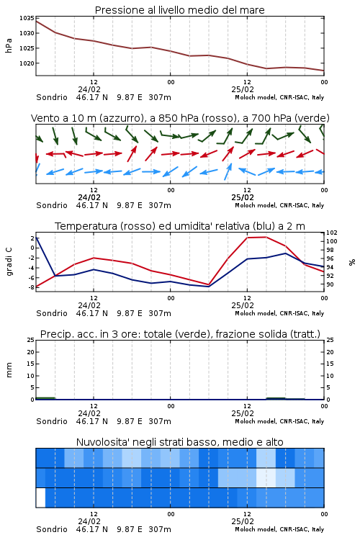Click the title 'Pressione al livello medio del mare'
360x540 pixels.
tap(179, 10)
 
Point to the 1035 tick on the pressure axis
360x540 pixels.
tap(27, 18)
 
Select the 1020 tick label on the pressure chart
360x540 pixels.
tap(27, 63)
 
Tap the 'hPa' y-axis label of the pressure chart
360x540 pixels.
tap(9, 45)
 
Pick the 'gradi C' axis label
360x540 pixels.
tap(9, 261)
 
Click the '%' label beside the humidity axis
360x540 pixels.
tap(352, 262)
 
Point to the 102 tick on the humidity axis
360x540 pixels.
tap(332, 233)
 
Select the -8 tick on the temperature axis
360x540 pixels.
tap(31, 287)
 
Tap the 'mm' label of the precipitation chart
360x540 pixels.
tap(9, 369)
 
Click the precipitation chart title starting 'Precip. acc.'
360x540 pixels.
tap(180, 334)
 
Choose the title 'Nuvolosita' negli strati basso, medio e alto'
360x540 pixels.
tap(179, 442)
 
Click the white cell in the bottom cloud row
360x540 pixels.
tap(40, 498)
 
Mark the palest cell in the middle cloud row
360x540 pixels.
tap(266, 477)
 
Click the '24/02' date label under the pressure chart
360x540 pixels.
tap(89, 89)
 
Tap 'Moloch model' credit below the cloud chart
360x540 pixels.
tap(256, 529)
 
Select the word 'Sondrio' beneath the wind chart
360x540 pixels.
tap(52, 205)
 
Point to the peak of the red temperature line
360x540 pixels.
tap(266, 237)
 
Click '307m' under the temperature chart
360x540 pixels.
tap(160, 313)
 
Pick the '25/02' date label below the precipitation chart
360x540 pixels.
tap(243, 413)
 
